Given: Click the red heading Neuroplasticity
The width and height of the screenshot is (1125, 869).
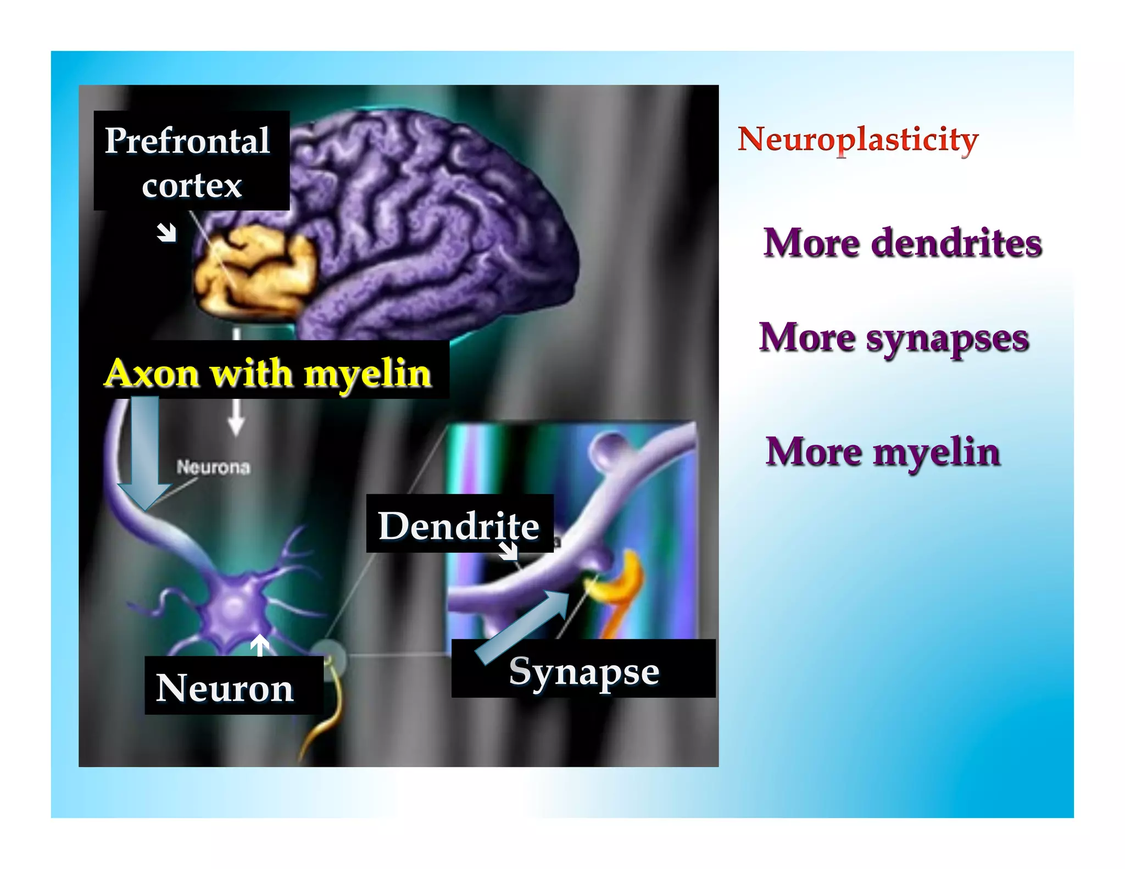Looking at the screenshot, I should pos(857,140).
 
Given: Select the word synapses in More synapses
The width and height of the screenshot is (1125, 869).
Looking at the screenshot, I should pos(947,338).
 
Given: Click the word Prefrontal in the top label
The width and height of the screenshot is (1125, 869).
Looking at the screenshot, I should pos(187,141).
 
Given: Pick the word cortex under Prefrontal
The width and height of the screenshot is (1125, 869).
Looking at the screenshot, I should pos(192,186).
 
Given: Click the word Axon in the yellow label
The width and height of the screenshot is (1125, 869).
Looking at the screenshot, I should pos(152,374).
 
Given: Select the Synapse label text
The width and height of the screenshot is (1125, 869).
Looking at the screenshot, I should pos(584,671).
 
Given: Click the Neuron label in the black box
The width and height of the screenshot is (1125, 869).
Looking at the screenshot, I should pos(225,688).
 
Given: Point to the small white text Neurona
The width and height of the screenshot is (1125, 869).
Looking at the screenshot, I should pos(213,467).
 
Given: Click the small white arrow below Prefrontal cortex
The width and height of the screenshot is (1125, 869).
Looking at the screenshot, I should pos(166,232).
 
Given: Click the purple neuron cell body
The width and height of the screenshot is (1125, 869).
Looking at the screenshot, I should pos(235,610).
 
